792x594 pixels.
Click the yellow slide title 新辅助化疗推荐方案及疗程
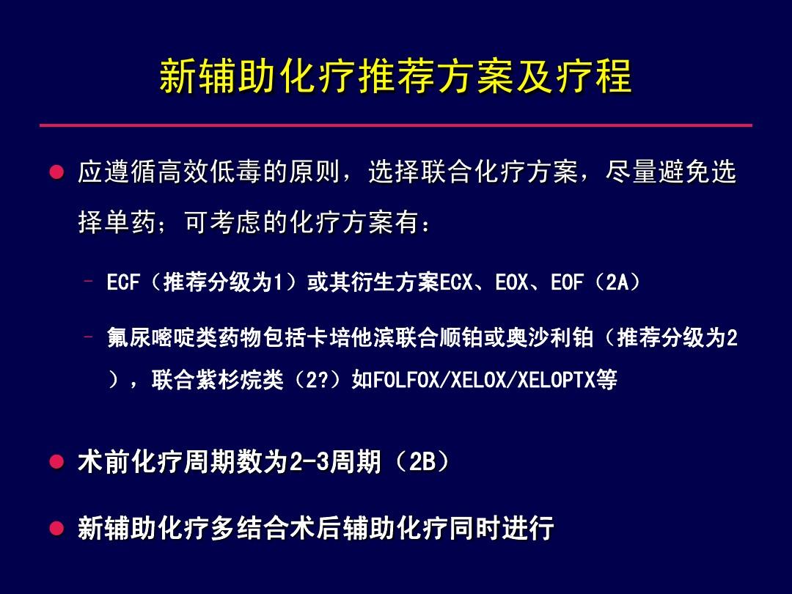tap(395, 76)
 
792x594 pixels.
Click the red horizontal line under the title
tap(396, 125)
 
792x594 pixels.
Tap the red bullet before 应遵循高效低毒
tap(56, 172)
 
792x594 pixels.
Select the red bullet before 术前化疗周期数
tap(56, 461)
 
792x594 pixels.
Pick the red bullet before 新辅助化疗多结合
tap(56, 528)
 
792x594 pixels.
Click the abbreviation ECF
tap(122, 282)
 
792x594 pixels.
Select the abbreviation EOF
tap(567, 282)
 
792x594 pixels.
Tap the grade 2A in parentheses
tap(617, 282)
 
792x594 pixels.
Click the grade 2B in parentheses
tap(422, 461)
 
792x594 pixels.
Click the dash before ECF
tap(89, 281)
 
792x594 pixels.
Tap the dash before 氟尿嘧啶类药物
tap(89, 337)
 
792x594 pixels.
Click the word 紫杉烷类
tap(239, 379)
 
